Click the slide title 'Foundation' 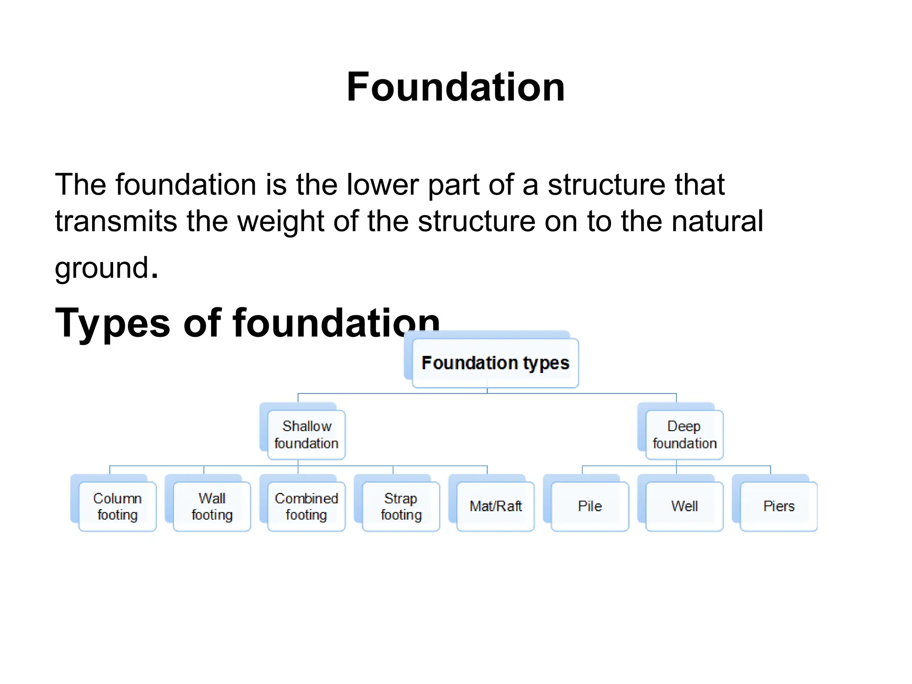(456, 87)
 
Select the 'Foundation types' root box (495, 363)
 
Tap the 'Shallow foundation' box (306, 435)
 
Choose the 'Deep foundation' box (684, 435)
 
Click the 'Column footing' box (118, 506)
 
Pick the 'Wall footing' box (212, 506)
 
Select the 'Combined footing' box (306, 506)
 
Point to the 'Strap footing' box (401, 506)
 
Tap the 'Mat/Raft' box (496, 506)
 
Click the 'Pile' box (590, 506)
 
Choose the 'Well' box (684, 506)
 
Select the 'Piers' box (779, 506)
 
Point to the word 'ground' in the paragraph (102, 269)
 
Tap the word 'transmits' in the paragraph (115, 221)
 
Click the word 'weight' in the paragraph (281, 221)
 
